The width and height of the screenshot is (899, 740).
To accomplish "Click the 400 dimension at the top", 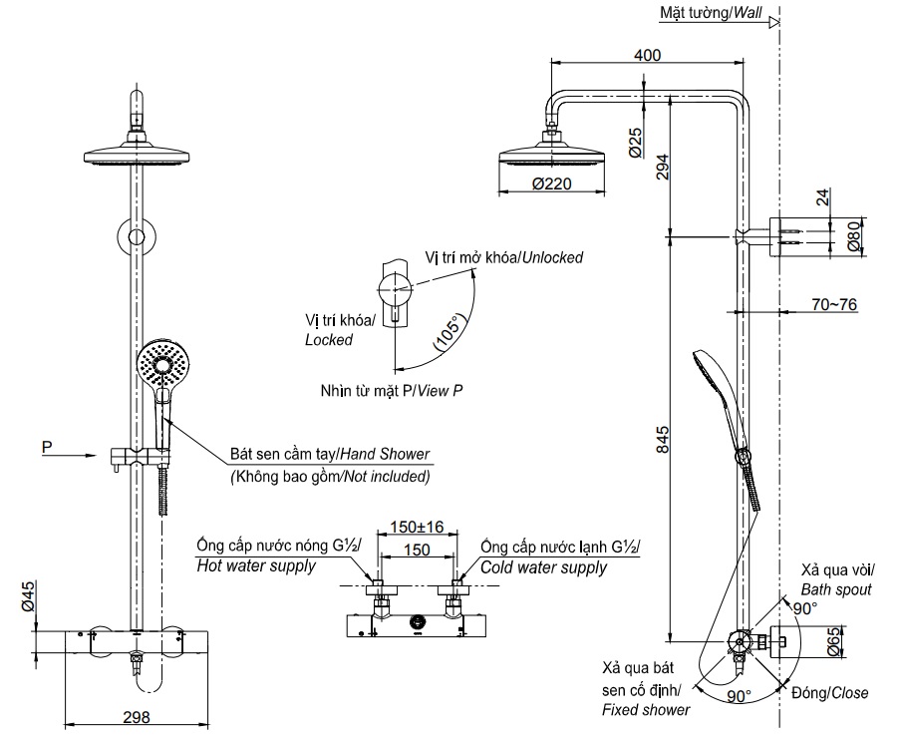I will [x=647, y=55].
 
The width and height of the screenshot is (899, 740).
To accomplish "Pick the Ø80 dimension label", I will [x=852, y=237].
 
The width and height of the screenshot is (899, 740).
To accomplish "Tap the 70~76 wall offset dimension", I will [x=833, y=304].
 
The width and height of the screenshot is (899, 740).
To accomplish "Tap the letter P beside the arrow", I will [x=46, y=448].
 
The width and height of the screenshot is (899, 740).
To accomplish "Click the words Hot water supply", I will [x=256, y=566].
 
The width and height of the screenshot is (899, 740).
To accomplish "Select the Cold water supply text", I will [x=543, y=567].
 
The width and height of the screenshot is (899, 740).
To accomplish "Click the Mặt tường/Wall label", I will [x=710, y=13].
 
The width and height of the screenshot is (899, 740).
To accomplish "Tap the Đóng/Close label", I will [x=829, y=693].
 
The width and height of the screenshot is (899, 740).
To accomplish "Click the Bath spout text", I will [x=836, y=589].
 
